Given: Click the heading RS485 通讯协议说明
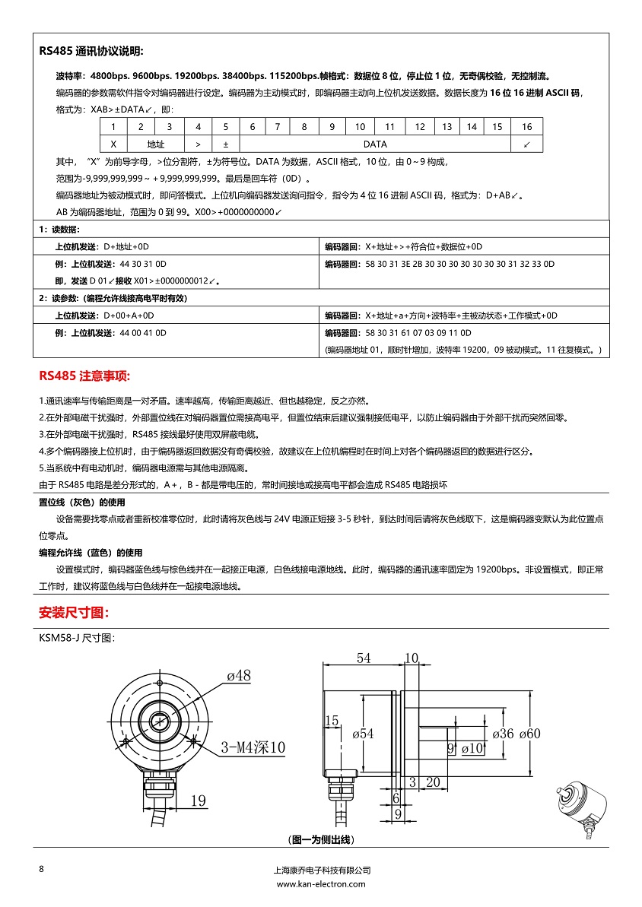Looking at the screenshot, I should click(x=91, y=52).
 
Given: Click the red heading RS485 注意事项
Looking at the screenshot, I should click(x=84, y=376).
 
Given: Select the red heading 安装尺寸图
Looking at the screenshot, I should click(x=74, y=613).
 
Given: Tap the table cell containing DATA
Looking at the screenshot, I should click(x=375, y=144).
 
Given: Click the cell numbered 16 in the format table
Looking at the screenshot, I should click(x=526, y=127).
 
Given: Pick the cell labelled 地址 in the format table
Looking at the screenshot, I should click(x=156, y=144).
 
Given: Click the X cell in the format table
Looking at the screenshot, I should click(x=113, y=144).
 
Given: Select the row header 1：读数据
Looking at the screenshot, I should click(x=60, y=230).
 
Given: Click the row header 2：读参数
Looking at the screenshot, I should click(x=113, y=299).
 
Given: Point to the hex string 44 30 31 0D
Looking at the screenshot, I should click(x=143, y=264).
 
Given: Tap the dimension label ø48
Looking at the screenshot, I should click(x=238, y=675).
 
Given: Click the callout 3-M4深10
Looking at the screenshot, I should click(x=253, y=748).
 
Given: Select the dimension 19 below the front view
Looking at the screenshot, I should click(x=199, y=800).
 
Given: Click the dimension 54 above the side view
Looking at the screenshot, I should click(x=364, y=658).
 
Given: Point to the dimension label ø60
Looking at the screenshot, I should click(x=529, y=734).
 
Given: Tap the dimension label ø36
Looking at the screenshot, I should click(x=503, y=734).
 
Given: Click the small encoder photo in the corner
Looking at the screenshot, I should click(x=582, y=813).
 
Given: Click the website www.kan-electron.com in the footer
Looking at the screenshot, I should click(x=321, y=884).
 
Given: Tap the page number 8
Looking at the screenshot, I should click(x=42, y=869).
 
